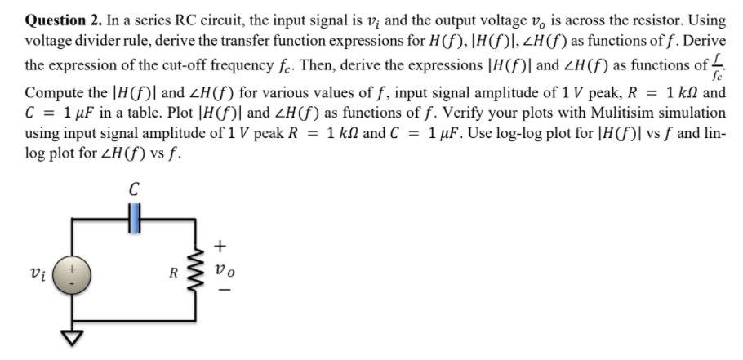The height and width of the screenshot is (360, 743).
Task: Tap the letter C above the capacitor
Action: coord(134,189)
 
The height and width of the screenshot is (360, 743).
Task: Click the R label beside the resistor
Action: coord(174,271)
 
